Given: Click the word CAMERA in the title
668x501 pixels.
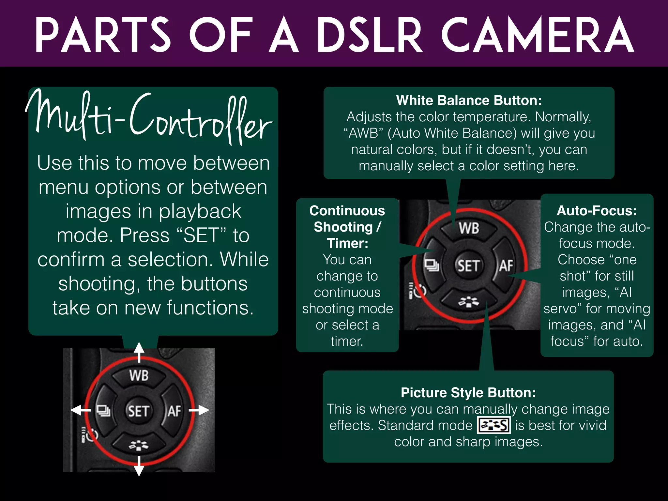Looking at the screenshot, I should click(538, 35).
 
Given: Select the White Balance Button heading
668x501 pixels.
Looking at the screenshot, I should click(469, 100).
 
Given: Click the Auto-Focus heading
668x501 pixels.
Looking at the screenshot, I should click(597, 211).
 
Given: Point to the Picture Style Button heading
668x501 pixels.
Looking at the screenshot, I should click(468, 393).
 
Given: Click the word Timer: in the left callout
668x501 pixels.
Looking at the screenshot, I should click(347, 243).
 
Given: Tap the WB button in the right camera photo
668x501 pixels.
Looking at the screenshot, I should click(469, 228).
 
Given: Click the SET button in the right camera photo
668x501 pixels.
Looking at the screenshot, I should click(468, 266).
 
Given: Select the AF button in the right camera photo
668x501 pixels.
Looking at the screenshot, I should click(506, 266).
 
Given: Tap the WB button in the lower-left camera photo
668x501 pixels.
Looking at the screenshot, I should click(139, 375).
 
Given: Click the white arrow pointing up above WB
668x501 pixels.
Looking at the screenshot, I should click(139, 351).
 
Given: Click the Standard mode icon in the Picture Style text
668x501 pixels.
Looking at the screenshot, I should click(493, 425).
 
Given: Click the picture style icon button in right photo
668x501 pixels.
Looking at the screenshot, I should click(469, 302).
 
